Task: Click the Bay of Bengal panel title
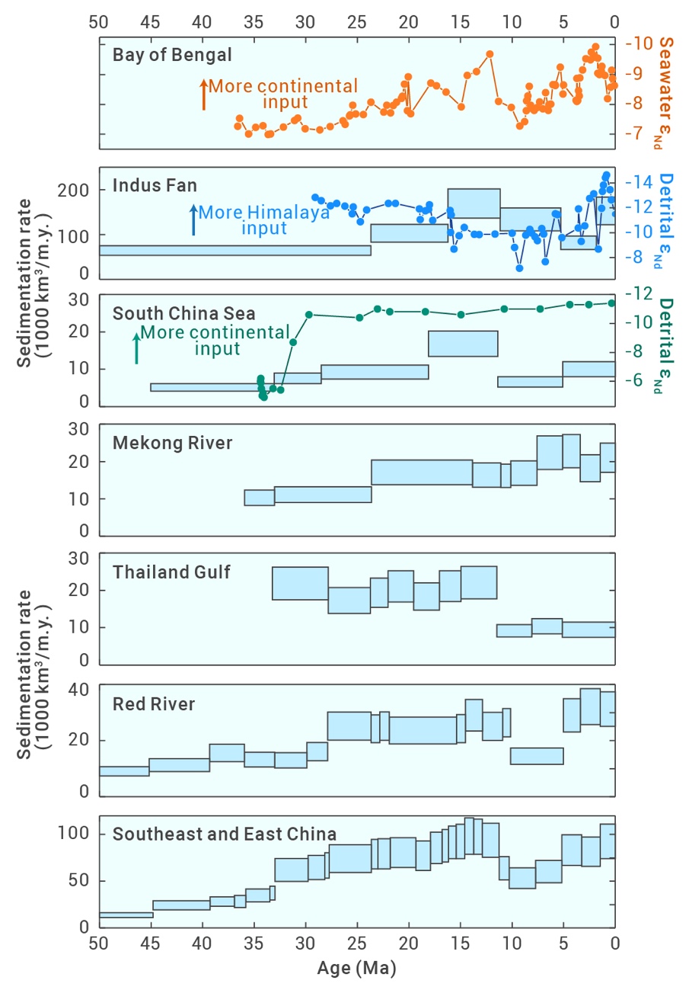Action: [x=172, y=55]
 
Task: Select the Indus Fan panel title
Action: [x=155, y=185]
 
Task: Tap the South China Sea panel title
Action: [x=184, y=313]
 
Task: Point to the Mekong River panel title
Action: [x=172, y=443]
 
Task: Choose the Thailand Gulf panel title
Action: [x=171, y=572]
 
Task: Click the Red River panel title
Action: [x=154, y=703]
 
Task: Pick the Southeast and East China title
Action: [x=225, y=834]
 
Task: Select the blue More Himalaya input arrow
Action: [x=194, y=219]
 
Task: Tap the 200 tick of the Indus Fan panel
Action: [x=78, y=190]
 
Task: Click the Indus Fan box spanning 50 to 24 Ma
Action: [x=234, y=251]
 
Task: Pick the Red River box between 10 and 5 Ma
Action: [x=537, y=755]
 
